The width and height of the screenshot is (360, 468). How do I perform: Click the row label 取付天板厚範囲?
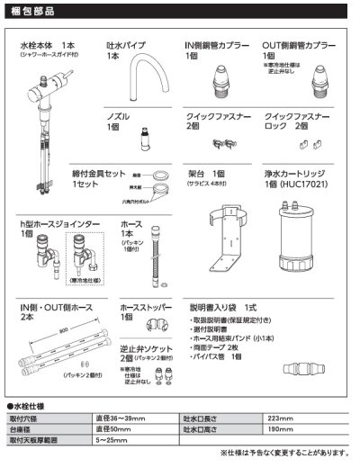[x=33, y=441]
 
